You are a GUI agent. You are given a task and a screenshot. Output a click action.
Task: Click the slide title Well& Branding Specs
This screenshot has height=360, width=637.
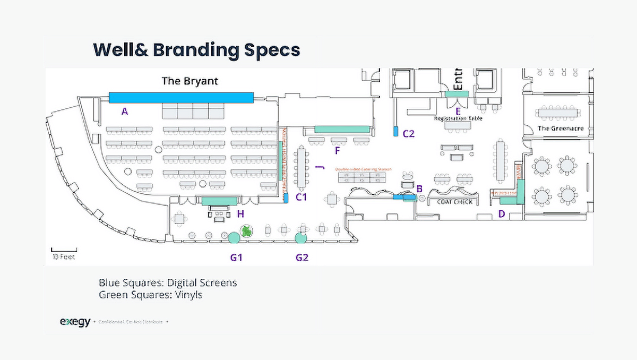[x=196, y=49]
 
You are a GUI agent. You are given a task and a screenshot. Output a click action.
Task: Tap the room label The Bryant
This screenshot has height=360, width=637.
[x=190, y=82]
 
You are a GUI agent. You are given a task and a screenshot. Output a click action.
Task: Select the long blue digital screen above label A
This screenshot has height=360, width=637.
[x=181, y=97]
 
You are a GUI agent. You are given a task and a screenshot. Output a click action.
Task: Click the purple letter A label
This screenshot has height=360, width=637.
[x=125, y=112]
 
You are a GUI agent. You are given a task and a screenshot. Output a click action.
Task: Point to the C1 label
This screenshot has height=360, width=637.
[x=302, y=198]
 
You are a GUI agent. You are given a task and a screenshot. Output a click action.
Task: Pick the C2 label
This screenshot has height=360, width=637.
[x=408, y=134]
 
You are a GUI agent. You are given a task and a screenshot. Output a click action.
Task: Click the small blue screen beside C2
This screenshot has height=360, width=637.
[x=395, y=132]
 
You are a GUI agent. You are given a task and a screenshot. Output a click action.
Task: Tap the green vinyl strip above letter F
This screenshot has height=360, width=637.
[x=342, y=129]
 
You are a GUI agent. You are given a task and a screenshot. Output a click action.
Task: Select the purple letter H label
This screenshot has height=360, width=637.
[x=240, y=214]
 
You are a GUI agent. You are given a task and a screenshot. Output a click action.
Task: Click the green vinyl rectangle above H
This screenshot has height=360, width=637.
[x=219, y=201]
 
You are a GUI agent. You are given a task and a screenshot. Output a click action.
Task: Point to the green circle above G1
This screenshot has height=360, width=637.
[x=233, y=237]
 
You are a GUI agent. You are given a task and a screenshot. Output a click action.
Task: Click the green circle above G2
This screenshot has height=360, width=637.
[x=302, y=237]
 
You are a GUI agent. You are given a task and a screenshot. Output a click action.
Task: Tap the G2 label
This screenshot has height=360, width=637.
[x=302, y=258]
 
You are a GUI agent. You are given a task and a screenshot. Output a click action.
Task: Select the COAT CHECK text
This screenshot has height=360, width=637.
[x=454, y=202]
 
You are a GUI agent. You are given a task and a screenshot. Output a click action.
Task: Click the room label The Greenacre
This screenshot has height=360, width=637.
[x=561, y=128]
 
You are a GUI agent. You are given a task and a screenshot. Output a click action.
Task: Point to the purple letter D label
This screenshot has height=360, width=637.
[x=501, y=215]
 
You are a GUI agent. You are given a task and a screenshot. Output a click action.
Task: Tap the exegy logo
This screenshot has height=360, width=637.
[x=75, y=322]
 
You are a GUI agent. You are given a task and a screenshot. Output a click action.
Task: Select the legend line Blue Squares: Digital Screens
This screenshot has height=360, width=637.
[x=168, y=282]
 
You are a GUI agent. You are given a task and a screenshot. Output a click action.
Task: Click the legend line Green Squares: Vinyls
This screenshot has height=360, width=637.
[x=150, y=294]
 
